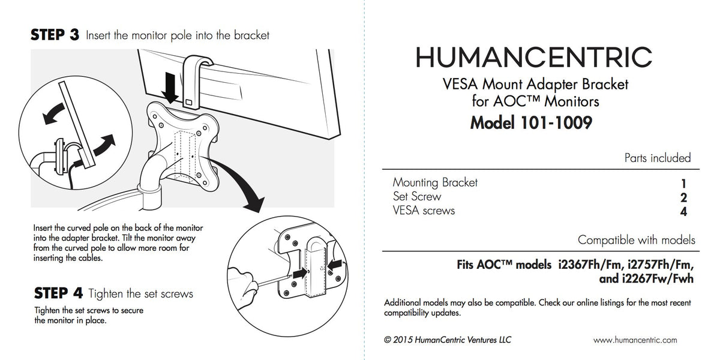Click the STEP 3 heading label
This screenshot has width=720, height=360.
click(x=55, y=35)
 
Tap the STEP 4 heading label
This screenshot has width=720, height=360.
click(x=58, y=293)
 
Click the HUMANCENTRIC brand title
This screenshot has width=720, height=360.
click(x=534, y=57)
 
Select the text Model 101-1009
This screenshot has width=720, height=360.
click(x=531, y=123)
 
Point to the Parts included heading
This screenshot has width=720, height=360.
click(x=658, y=158)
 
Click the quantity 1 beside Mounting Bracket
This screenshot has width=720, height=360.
click(x=683, y=184)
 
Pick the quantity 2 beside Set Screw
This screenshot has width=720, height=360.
click(x=683, y=197)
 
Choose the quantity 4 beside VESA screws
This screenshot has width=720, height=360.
click(x=683, y=212)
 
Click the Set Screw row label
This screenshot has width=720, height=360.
click(x=417, y=196)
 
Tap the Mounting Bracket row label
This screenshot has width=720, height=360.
click(x=435, y=182)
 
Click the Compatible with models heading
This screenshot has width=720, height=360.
click(x=637, y=240)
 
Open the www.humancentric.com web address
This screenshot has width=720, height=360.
click(x=635, y=340)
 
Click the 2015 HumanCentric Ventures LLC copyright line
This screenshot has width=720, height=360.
click(x=448, y=340)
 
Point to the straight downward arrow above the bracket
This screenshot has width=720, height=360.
click(x=170, y=88)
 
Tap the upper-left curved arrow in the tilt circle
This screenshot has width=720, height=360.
click(x=54, y=113)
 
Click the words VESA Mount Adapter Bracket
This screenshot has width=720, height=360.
click(x=535, y=84)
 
